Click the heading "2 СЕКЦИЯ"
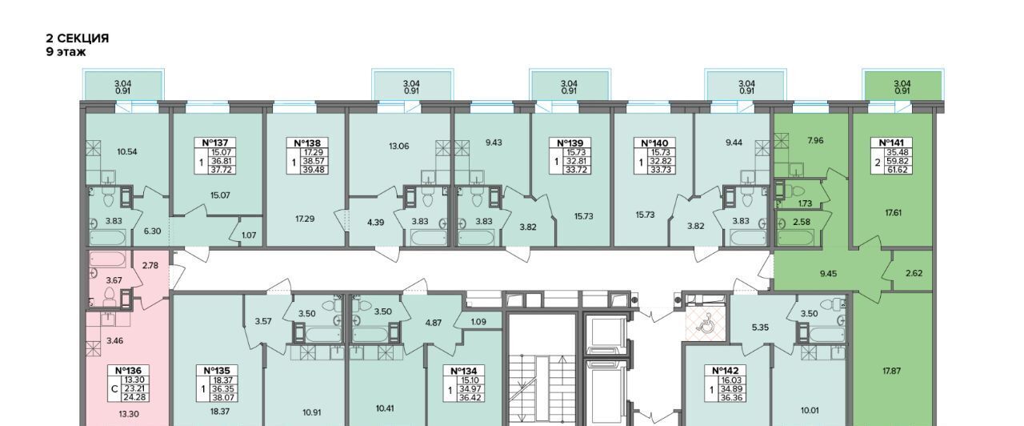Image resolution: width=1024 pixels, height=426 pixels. click(78, 38)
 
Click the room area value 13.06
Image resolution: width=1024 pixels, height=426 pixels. click(398, 147)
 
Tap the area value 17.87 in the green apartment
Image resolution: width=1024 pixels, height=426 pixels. click(891, 371)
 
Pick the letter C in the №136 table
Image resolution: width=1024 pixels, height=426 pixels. click(114, 389)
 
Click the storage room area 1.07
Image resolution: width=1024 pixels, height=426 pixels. click(249, 235)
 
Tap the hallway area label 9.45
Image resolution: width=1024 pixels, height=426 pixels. click(828, 274)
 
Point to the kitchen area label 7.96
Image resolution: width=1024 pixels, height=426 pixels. click(815, 140)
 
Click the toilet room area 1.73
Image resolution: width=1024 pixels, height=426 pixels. click(805, 203)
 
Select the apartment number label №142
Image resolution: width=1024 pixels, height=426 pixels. click(726, 371)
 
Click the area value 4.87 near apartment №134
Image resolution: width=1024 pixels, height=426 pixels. click(434, 323)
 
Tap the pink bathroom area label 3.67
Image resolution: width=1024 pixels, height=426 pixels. click(114, 280)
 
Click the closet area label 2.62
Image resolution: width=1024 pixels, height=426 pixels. click(914, 273)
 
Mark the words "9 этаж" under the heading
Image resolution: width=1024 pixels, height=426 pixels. click(66, 52)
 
